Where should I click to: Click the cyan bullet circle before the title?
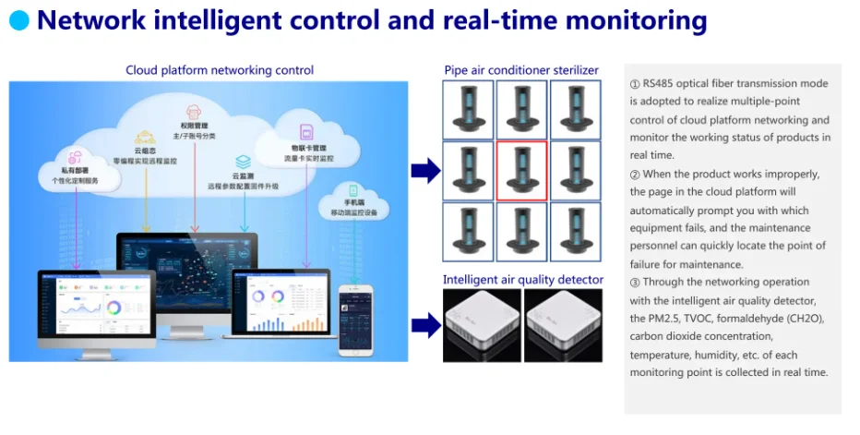tap(18, 20)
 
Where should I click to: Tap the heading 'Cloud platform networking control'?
tap(220, 70)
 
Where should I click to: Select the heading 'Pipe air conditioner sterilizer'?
tap(521, 70)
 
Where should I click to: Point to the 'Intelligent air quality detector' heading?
tap(523, 279)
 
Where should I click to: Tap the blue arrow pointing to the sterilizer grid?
tap(424, 170)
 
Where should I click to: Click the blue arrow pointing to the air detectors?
tap(424, 324)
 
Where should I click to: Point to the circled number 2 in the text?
tap(635, 174)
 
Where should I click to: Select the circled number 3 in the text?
tap(635, 282)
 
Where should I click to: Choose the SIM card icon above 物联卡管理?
tap(306, 133)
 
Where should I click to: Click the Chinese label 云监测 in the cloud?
tap(243, 175)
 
